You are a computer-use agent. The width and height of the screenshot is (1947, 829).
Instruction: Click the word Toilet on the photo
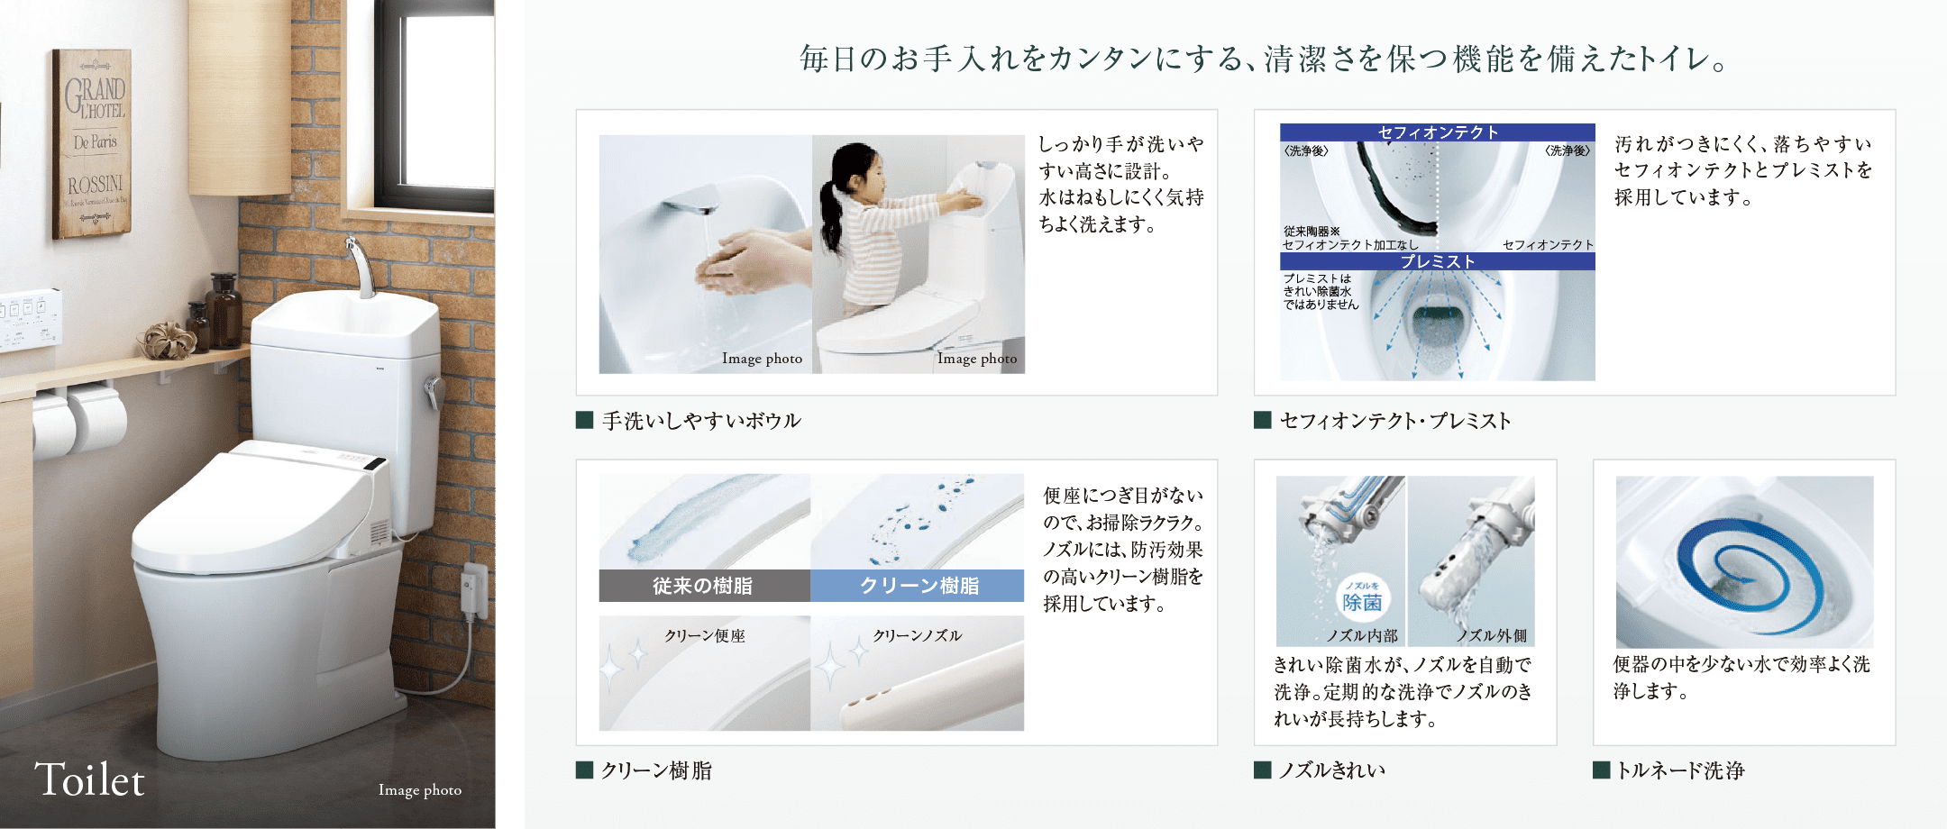pyautogui.click(x=89, y=780)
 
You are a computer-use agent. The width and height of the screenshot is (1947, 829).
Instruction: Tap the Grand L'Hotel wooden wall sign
pyautogui.click(x=93, y=143)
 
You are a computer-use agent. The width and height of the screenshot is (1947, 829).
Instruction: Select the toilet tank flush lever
pyautogui.click(x=434, y=393)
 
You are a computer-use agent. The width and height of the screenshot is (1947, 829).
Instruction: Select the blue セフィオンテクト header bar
pyautogui.click(x=1437, y=132)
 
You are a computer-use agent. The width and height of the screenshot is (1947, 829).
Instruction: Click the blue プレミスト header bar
pyautogui.click(x=1437, y=261)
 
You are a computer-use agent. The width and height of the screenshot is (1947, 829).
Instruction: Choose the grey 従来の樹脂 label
pyautogui.click(x=704, y=586)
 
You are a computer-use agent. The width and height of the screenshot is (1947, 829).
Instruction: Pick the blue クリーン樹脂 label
pyautogui.click(x=918, y=586)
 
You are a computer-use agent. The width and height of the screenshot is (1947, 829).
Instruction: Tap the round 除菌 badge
pyautogui.click(x=1361, y=598)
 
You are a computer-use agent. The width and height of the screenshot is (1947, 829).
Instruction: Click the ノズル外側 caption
pyautogui.click(x=1492, y=635)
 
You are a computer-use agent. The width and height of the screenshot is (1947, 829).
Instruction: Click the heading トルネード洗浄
pyautogui.click(x=1680, y=770)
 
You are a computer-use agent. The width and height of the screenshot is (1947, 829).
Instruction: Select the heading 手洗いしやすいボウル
pyautogui.click(x=701, y=421)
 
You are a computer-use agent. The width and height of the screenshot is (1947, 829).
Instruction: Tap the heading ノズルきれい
pyautogui.click(x=1332, y=770)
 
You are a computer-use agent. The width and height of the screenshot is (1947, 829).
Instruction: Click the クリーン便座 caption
pyautogui.click(x=705, y=636)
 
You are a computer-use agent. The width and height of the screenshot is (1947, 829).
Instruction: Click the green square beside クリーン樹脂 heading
pyautogui.click(x=584, y=770)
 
